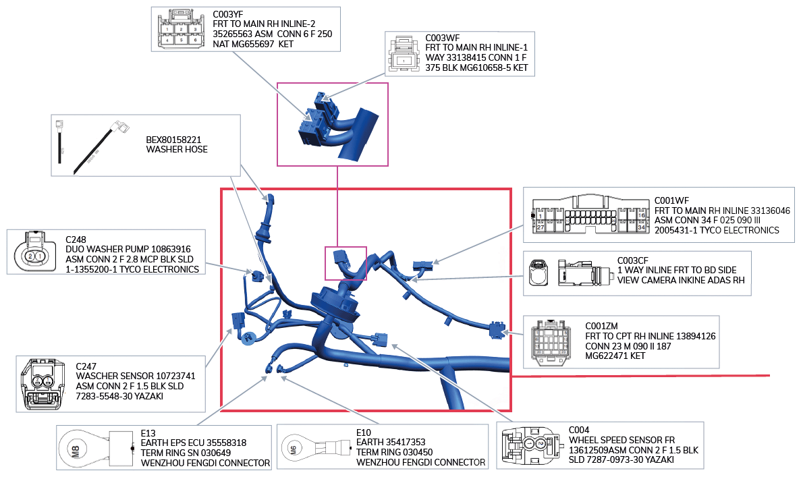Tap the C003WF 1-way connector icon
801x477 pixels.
coord(404,53)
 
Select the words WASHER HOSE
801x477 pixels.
coord(177,150)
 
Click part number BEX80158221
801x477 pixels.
coord(173,140)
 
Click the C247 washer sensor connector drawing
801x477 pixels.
coord(43,384)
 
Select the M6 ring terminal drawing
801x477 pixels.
coord(316,449)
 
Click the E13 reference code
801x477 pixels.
coord(148,433)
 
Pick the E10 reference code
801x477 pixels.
coord(363,432)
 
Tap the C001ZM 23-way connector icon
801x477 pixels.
coord(552,343)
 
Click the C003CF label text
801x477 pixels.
coord(632,260)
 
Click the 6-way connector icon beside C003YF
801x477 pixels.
coord(182,29)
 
